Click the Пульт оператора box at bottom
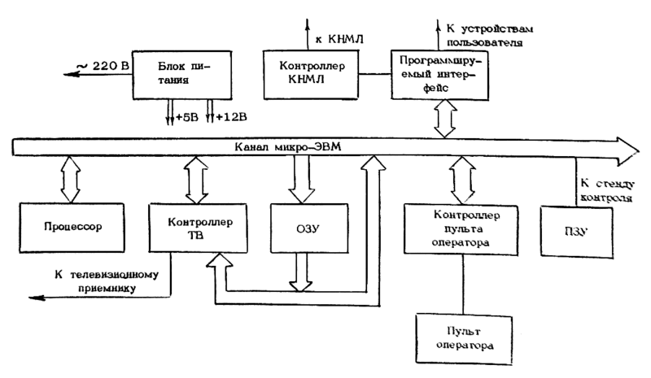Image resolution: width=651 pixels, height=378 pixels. [463, 340]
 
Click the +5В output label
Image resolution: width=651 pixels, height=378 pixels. [186, 118]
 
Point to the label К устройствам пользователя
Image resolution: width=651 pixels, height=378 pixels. [487, 34]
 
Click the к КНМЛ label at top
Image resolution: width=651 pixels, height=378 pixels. [333, 38]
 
